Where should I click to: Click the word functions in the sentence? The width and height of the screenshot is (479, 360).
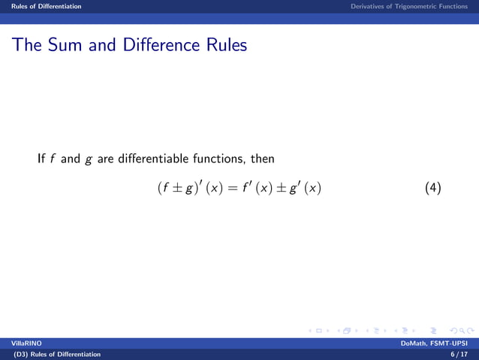tap(213, 159)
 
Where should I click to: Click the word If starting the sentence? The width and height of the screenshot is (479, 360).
tap(42, 159)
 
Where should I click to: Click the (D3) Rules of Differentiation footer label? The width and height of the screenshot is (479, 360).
tap(52, 354)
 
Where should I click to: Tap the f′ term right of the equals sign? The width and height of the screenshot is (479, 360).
tap(250, 187)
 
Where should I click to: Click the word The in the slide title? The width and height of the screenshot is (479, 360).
tap(26, 45)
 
